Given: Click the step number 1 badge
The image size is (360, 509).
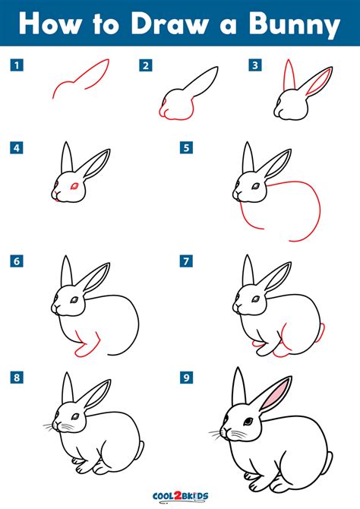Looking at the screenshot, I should coord(16,65).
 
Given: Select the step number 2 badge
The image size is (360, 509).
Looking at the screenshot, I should coord(144,65).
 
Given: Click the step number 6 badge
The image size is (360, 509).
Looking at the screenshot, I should coord(16,261).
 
